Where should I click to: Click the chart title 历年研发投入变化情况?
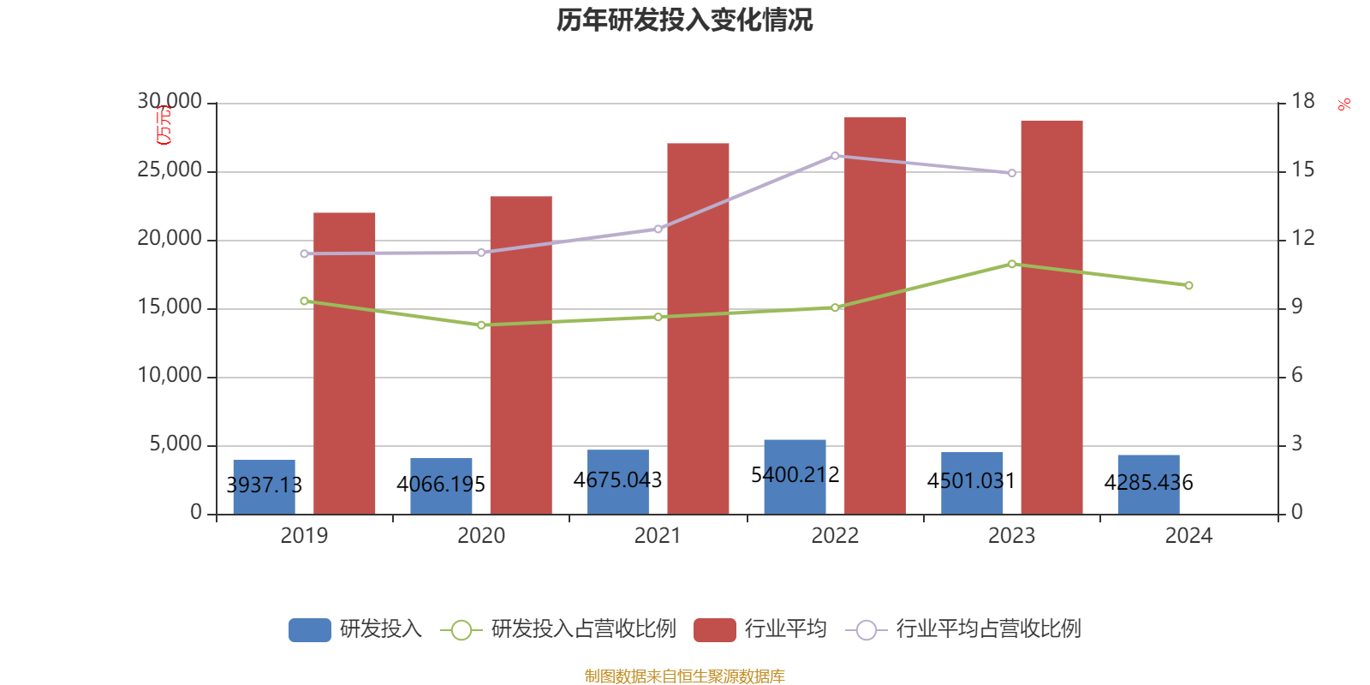684,20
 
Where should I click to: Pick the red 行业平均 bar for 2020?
521,354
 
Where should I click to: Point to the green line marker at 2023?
1012,264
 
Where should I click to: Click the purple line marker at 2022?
835,156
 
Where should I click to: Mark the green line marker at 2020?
481,325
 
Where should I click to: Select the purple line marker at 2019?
304,253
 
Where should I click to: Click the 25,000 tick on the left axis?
170,170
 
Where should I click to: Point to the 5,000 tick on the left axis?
176,444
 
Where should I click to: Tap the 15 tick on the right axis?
1302,170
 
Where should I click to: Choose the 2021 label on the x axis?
658,536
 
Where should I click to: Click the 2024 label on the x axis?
1188,536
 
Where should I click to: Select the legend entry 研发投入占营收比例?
582,629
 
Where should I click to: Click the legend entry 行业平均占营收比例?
987,629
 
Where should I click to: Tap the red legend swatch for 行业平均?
715,629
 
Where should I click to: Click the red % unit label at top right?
1344,104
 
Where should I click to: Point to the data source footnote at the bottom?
684,676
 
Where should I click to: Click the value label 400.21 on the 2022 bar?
795,475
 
